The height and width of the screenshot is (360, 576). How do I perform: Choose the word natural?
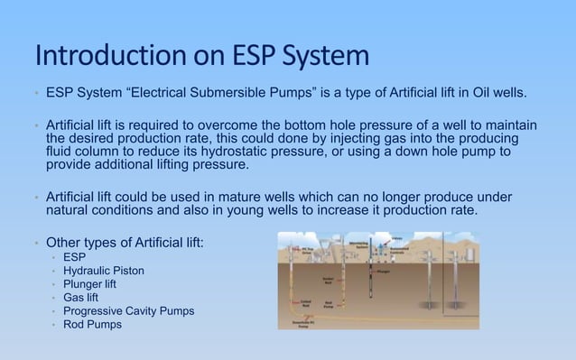[x=70, y=209]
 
